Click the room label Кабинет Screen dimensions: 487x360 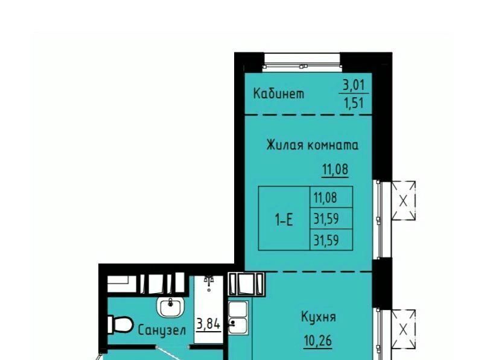point(279,93)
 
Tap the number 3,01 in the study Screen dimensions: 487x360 point(354,85)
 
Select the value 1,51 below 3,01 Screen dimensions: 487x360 point(354,103)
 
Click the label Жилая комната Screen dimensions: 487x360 point(312,145)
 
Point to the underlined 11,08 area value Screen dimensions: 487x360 point(335,169)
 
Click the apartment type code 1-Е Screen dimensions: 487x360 point(284,219)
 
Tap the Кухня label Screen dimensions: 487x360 point(319,317)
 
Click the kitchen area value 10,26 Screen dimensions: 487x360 point(318,341)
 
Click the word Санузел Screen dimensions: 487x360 point(162,330)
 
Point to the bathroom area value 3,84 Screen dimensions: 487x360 point(208,324)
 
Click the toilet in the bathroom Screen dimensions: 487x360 point(121,324)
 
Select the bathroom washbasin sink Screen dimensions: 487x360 point(171,306)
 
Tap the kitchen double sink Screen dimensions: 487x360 point(238,317)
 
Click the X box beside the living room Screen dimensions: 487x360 point(403,201)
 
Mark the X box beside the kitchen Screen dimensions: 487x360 point(403,329)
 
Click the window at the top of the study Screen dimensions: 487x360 point(302,62)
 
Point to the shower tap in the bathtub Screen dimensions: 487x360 point(209,280)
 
